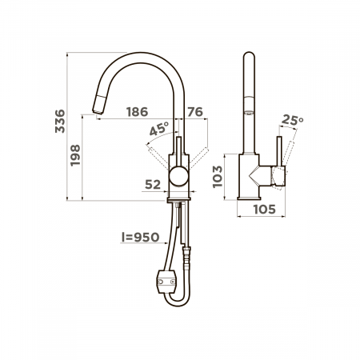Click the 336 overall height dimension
(60, 121)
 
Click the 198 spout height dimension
(75, 155)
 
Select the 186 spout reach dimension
(137, 112)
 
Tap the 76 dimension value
(195, 112)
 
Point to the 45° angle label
(159, 129)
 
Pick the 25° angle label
(293, 120)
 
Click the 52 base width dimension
(153, 185)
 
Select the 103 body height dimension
(218, 177)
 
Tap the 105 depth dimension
(264, 210)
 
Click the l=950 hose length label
(141, 237)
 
